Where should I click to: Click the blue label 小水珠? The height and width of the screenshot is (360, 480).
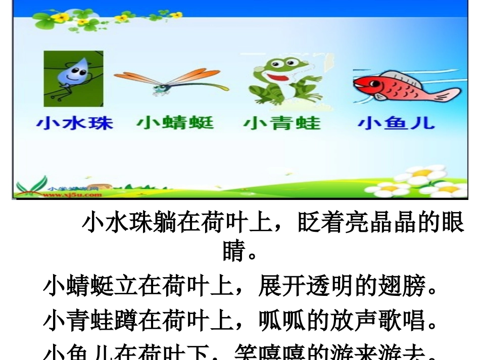[74, 123]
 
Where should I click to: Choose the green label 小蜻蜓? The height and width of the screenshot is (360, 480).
[175, 123]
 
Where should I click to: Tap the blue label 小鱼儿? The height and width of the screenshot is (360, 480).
[396, 123]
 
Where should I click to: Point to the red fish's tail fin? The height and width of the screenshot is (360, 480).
[447, 93]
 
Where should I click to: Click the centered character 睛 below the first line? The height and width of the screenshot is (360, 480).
[234, 250]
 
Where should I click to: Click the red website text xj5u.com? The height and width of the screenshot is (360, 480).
[76, 194]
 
